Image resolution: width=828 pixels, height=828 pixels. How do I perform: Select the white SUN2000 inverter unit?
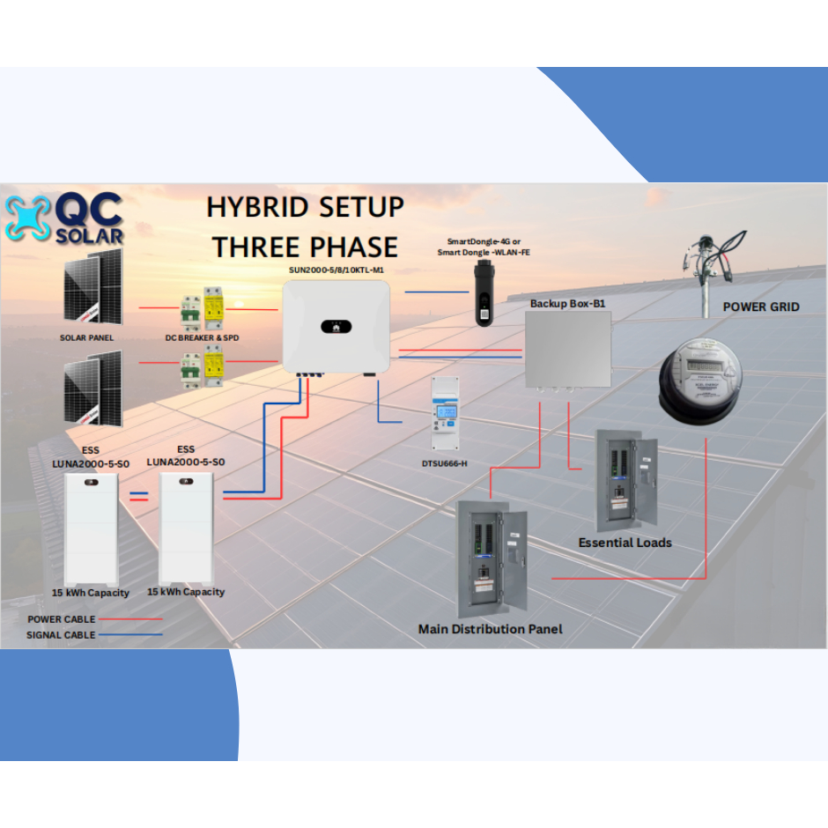pyautogui.click(x=336, y=327)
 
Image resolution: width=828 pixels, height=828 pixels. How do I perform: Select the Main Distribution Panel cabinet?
pyautogui.click(x=491, y=560)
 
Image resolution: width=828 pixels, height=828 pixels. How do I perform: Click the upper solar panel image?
pyautogui.click(x=92, y=288)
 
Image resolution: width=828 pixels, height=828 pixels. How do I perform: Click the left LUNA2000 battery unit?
pyautogui.click(x=91, y=529)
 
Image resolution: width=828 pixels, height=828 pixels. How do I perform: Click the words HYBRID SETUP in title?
pyautogui.click(x=305, y=208)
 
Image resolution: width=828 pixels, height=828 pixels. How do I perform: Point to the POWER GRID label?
pyautogui.click(x=761, y=307)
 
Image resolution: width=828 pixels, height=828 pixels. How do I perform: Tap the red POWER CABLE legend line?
pyautogui.click(x=131, y=619)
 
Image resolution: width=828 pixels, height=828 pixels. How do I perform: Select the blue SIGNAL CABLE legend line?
pyautogui.click(x=130, y=634)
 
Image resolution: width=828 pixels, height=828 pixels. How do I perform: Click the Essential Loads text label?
pyautogui.click(x=625, y=543)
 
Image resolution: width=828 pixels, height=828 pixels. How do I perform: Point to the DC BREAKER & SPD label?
pyautogui.click(x=202, y=338)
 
